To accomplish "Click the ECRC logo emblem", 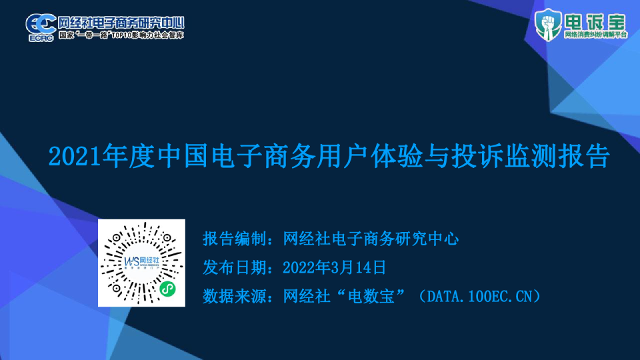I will pyautogui.click(x=41, y=25).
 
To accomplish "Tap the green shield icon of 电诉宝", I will pyautogui.click(x=549, y=24).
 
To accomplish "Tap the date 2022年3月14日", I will pyautogui.click(x=335, y=267).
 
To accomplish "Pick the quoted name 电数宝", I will pyautogui.click(x=373, y=296).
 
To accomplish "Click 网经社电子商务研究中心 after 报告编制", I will pyautogui.click(x=371, y=239).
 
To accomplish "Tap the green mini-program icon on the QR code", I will pyautogui.click(x=167, y=289).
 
